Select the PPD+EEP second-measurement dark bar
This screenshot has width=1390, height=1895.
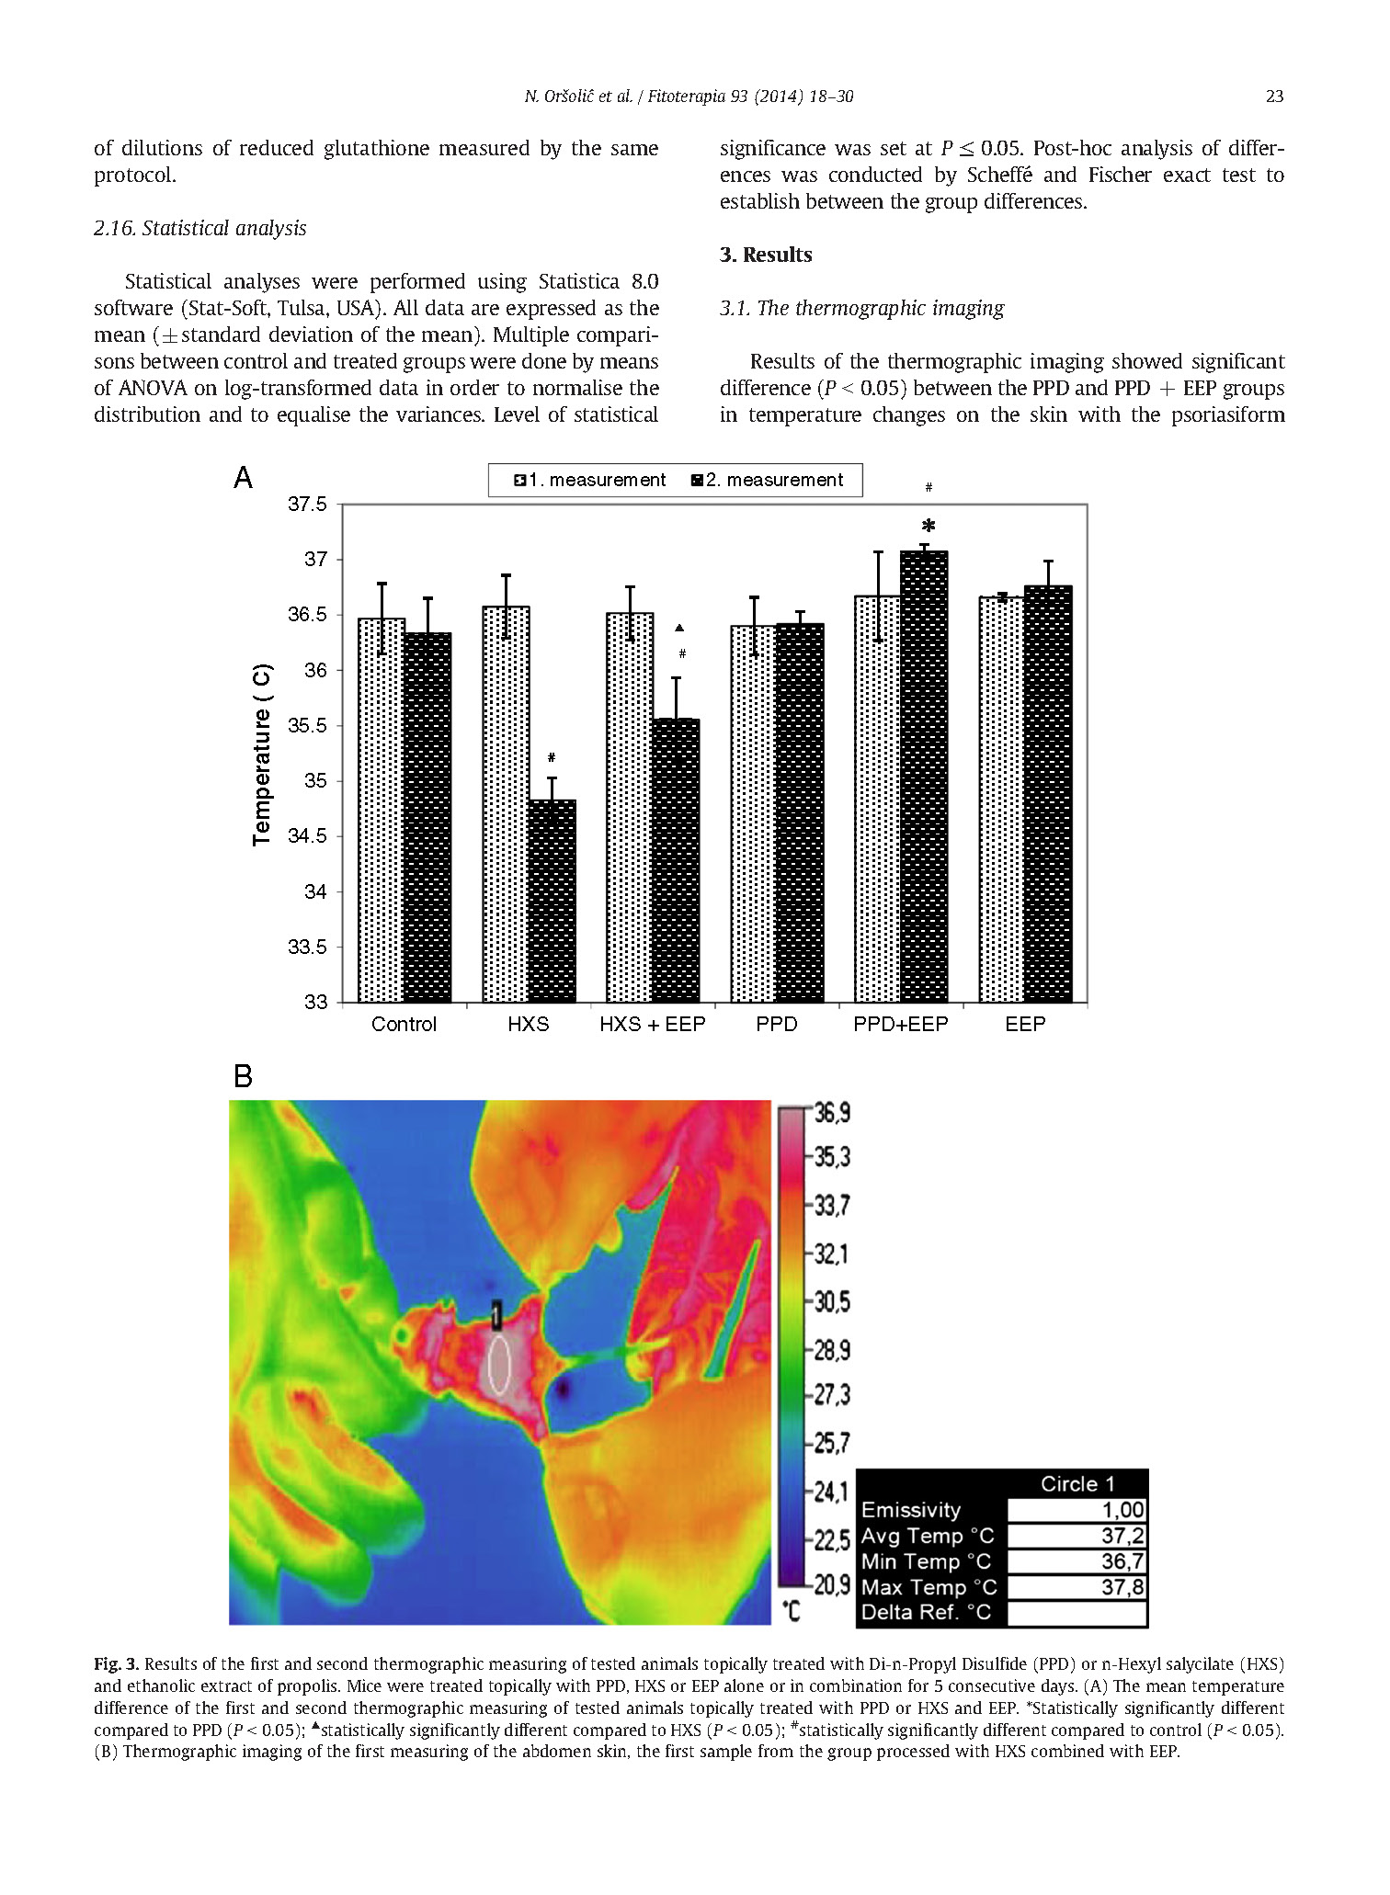(x=924, y=777)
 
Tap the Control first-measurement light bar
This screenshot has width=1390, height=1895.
(x=381, y=811)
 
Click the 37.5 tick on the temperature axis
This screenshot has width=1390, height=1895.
(x=307, y=504)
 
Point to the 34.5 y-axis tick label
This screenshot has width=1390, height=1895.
(x=307, y=836)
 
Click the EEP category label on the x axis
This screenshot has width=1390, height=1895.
(x=1024, y=1025)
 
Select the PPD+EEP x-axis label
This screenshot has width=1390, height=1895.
(x=900, y=1025)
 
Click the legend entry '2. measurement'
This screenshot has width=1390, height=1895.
(x=767, y=480)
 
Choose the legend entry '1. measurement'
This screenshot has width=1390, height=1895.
(x=589, y=480)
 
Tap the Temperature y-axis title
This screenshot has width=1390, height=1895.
(x=262, y=754)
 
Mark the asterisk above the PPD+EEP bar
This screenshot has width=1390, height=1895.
(x=929, y=527)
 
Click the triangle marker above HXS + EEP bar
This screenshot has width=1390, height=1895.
(x=679, y=628)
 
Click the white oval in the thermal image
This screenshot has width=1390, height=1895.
(x=499, y=1365)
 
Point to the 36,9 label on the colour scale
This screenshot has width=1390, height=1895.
(x=832, y=1113)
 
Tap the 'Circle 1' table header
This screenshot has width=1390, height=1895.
(x=1077, y=1484)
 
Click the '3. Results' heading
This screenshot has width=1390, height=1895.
(x=766, y=255)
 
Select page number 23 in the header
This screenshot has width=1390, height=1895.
(x=1274, y=96)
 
